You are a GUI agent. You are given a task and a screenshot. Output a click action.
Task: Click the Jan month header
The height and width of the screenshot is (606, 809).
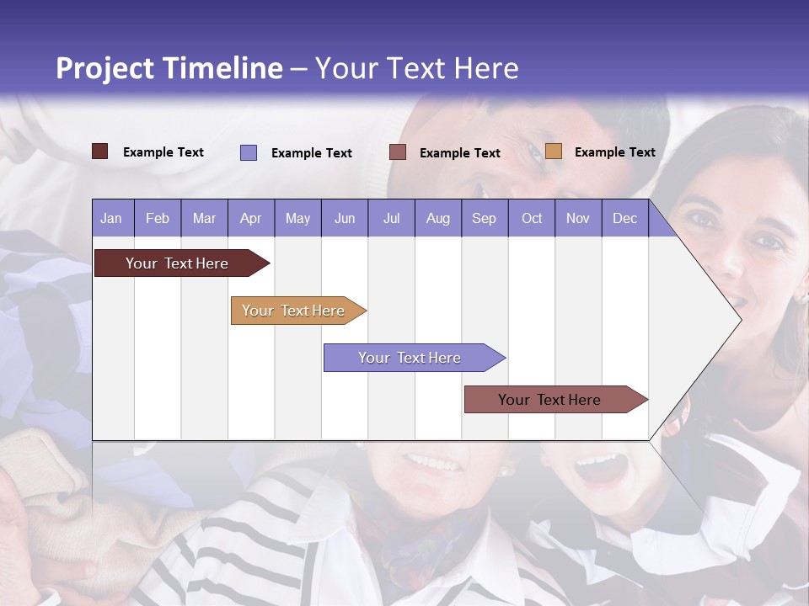point(111,219)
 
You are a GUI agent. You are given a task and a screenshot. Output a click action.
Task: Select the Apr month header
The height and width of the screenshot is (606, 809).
point(250,219)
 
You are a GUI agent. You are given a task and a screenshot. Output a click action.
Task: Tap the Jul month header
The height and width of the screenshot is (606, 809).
point(391,219)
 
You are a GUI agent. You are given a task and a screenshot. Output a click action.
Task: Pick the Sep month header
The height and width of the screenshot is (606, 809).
point(484,219)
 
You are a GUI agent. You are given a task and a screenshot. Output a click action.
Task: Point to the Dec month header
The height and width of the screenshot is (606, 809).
point(624,219)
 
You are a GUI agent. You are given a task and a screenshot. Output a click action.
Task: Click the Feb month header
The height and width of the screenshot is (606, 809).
point(158,219)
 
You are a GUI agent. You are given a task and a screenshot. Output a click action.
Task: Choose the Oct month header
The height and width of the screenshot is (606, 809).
point(532,219)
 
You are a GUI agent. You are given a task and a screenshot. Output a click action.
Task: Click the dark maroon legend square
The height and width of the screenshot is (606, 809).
point(100,151)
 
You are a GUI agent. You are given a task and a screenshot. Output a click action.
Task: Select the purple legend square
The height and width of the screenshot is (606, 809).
point(249,152)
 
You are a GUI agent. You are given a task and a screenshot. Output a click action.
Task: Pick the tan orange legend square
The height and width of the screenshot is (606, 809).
point(554,151)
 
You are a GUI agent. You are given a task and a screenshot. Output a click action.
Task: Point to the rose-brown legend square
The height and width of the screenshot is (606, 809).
point(398,152)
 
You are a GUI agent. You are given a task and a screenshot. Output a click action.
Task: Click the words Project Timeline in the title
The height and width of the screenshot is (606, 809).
point(169,68)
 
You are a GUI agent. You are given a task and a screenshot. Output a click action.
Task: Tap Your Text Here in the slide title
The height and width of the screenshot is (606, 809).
point(416,68)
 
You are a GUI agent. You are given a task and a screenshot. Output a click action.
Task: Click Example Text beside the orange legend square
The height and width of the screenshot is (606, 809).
point(614,152)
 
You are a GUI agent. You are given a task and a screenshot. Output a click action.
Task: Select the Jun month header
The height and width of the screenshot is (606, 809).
point(345,219)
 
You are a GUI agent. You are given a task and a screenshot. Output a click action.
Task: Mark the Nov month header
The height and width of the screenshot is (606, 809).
point(578,219)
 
